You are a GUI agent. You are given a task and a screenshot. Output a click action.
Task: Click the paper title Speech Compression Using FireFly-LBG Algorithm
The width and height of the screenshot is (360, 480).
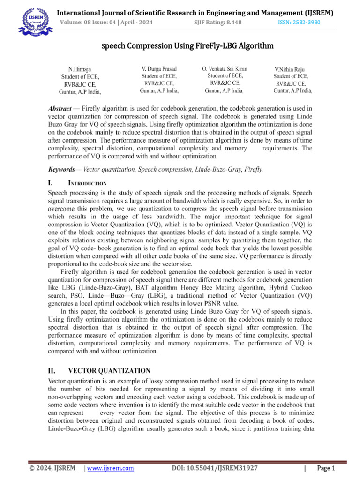[x=187, y=46]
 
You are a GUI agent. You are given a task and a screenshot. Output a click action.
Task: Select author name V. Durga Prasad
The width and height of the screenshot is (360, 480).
[x=160, y=68]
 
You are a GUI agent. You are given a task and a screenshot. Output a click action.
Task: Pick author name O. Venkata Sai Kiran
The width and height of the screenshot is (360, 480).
[x=225, y=68]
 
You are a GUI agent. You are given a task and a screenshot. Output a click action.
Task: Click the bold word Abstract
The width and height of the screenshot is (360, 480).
[x=62, y=108]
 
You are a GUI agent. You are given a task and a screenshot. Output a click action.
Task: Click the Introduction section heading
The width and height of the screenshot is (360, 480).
[x=88, y=183]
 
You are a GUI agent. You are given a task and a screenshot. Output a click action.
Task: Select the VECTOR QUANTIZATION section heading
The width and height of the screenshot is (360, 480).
[x=109, y=370]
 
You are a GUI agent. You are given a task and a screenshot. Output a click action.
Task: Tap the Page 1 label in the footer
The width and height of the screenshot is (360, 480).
[x=326, y=468]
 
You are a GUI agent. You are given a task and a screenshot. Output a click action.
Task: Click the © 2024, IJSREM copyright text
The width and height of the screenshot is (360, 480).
[x=49, y=468]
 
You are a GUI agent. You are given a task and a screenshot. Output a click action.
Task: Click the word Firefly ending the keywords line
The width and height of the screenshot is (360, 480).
[x=254, y=169]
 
